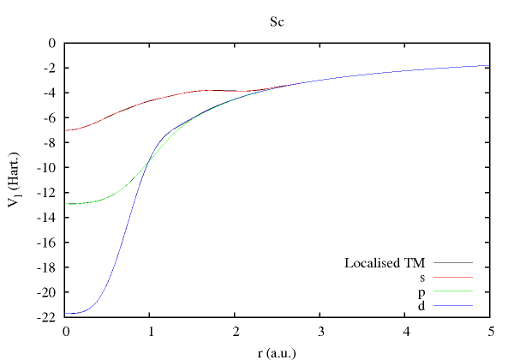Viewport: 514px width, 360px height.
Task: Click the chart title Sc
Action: coord(277,21)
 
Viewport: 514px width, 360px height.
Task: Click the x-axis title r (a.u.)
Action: coord(277,351)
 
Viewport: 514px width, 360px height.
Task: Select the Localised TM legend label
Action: coord(385,262)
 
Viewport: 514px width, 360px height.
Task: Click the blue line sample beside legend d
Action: coord(453,306)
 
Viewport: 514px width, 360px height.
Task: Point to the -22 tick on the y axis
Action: coord(45,317)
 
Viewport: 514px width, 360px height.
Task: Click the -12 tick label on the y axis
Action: coord(45,192)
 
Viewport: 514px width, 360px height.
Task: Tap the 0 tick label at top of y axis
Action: coord(51,43)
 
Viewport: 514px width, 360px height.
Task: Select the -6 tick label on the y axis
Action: coord(49,117)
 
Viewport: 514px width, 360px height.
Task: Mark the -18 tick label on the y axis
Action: coord(45,267)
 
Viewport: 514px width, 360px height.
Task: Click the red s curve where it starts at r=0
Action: coord(68,130)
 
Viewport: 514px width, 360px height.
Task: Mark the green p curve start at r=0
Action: coord(68,204)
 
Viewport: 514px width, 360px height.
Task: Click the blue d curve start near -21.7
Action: coord(68,313)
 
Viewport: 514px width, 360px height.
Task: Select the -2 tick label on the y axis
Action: coord(49,68)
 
